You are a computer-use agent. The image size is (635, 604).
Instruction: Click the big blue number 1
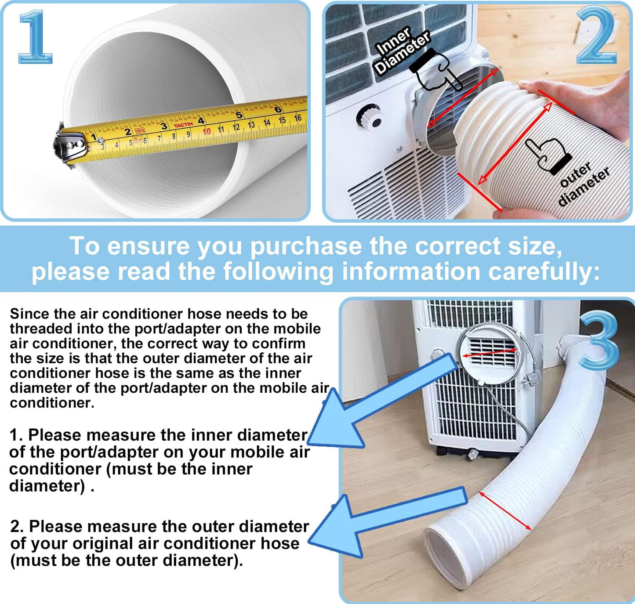35,37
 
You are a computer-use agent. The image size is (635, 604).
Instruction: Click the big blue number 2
596,36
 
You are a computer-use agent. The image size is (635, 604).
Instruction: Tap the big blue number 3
599,341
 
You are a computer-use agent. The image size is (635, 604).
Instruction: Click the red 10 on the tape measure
207,131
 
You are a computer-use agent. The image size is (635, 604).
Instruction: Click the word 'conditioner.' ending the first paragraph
52,403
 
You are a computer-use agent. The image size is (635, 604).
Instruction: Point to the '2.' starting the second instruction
18,526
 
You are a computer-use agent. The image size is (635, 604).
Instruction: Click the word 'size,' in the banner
534,246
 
